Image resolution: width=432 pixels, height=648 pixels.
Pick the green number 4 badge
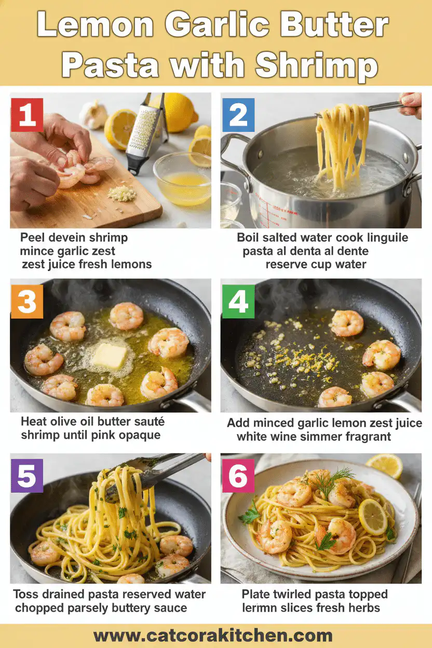click(x=238, y=301)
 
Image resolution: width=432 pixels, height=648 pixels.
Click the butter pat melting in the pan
click(x=110, y=356)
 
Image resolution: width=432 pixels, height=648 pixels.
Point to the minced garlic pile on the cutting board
click(x=123, y=194)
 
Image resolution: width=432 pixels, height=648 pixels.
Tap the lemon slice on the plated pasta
click(x=373, y=516)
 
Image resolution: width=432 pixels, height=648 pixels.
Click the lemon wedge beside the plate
click(x=385, y=465)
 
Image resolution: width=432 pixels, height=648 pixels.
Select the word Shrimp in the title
click(x=316, y=66)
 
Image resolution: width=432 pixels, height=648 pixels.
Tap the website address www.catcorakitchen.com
click(x=213, y=636)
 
